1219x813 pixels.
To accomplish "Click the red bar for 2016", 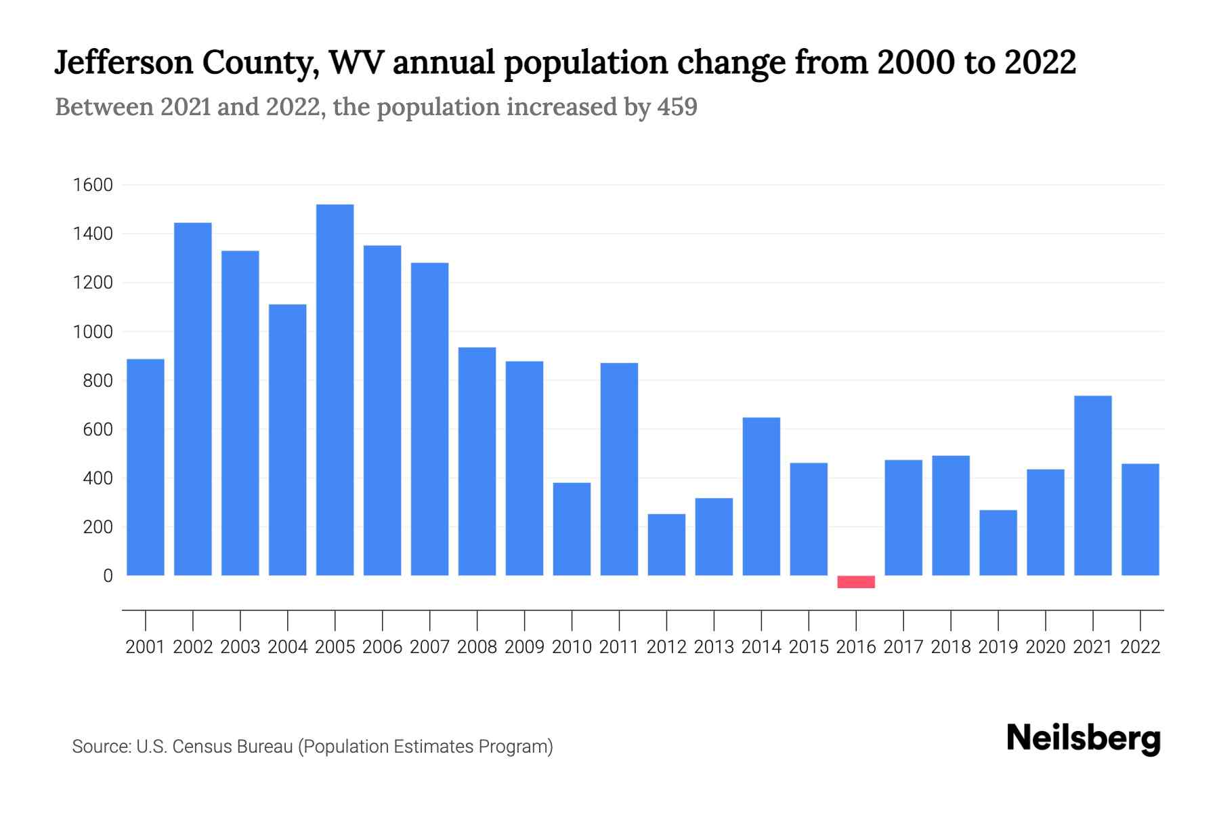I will (x=856, y=581).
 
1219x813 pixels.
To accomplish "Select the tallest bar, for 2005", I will (x=335, y=390).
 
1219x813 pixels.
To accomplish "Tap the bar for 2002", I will (x=193, y=399).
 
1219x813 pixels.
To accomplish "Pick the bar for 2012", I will (x=666, y=545).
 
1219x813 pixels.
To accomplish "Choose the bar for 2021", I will (x=1093, y=485).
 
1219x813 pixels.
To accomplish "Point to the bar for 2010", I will (x=572, y=528).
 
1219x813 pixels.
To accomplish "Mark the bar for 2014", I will (x=761, y=496).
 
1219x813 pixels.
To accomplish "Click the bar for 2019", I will (x=998, y=543).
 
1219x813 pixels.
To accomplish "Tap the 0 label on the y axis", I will (x=107, y=576).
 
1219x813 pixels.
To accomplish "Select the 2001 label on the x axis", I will (x=146, y=647).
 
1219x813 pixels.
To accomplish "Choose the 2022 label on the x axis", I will (x=1140, y=647).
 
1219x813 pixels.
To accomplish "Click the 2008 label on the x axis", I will (x=477, y=647).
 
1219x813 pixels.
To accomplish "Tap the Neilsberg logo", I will (x=1084, y=738).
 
